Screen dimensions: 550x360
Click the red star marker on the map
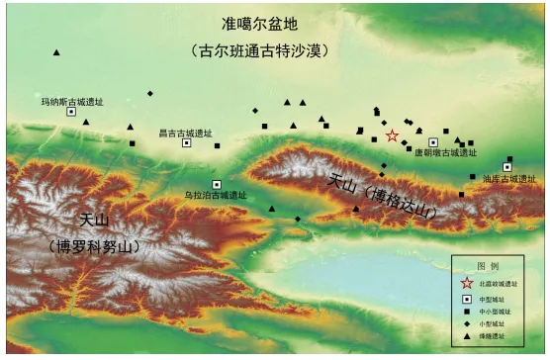393,135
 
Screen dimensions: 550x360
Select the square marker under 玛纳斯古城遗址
71,112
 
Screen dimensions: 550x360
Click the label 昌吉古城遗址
186,132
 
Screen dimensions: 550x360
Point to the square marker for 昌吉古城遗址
186,143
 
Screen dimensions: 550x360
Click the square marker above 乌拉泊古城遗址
217,184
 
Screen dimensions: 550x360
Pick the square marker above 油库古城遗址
507,167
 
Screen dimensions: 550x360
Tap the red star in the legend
467,284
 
